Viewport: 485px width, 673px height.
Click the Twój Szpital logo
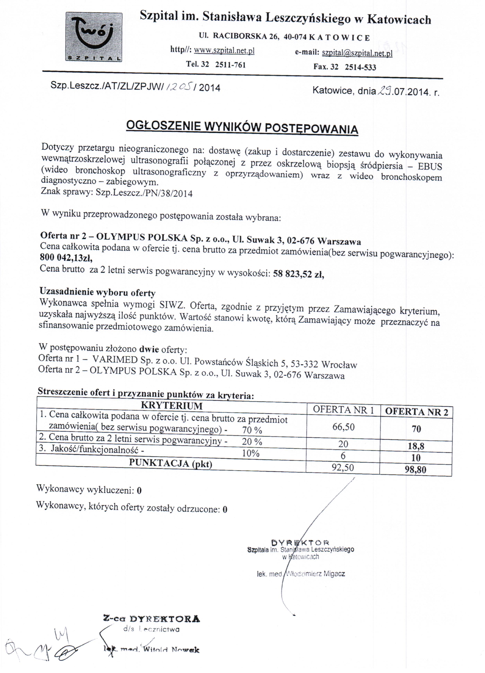pyautogui.click(x=94, y=37)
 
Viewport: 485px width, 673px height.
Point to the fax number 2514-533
pyautogui.click(x=360, y=67)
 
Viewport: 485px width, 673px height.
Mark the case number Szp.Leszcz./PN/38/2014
pyautogui.click(x=144, y=193)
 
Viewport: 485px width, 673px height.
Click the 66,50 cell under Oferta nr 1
pyautogui.click(x=343, y=427)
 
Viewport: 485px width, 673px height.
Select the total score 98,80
pyautogui.click(x=416, y=470)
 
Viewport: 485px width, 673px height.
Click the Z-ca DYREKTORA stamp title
pyautogui.click(x=152, y=619)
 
